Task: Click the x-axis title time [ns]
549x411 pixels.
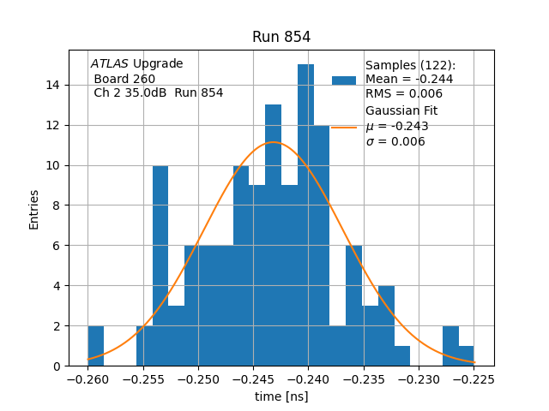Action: [281, 396]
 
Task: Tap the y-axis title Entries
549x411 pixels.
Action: [34, 208]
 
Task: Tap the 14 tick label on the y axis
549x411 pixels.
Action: [53, 85]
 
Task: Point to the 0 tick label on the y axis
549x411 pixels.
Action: [57, 366]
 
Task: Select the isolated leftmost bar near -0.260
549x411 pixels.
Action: [95, 346]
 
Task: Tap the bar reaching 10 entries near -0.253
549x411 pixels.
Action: [160, 265]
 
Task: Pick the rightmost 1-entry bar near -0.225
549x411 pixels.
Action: [466, 356]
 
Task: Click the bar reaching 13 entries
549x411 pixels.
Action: [273, 240]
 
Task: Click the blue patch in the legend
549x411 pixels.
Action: [344, 80]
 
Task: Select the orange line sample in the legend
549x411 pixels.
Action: [344, 128]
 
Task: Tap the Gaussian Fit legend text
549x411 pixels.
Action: [401, 111]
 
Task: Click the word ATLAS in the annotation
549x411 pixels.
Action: [110, 64]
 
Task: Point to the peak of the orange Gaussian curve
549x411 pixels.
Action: [273, 142]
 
